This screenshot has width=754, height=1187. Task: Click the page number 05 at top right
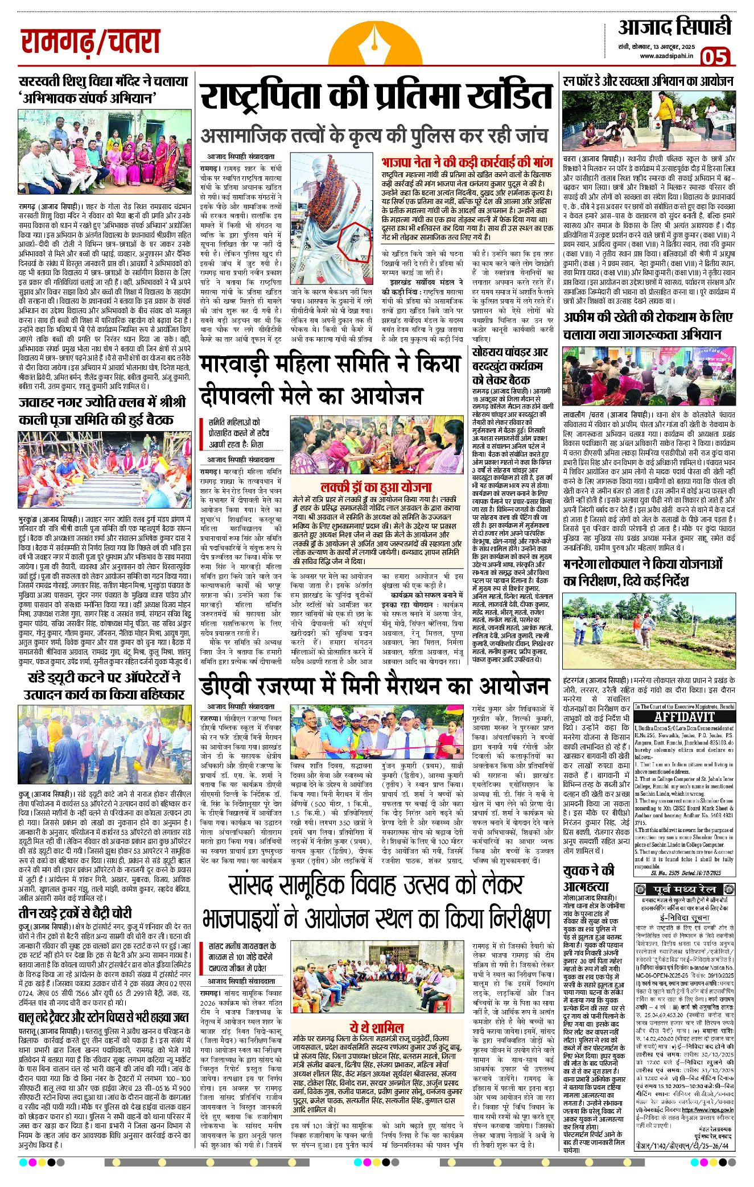pyautogui.click(x=715, y=57)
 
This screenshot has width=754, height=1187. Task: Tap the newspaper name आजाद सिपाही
pyautogui.click(x=674, y=27)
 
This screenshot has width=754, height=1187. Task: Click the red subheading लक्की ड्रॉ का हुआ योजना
pyautogui.click(x=376, y=487)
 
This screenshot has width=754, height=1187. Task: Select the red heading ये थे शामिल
pyautogui.click(x=376, y=1028)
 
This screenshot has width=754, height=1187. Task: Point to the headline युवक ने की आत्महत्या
pyautogui.click(x=588, y=878)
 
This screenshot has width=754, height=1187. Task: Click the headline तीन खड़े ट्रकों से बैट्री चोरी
pyautogui.click(x=75, y=913)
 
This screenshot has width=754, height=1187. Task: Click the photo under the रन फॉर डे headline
pyautogui.click(x=649, y=120)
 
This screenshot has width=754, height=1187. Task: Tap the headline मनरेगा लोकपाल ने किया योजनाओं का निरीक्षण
pyautogui.click(x=642, y=572)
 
